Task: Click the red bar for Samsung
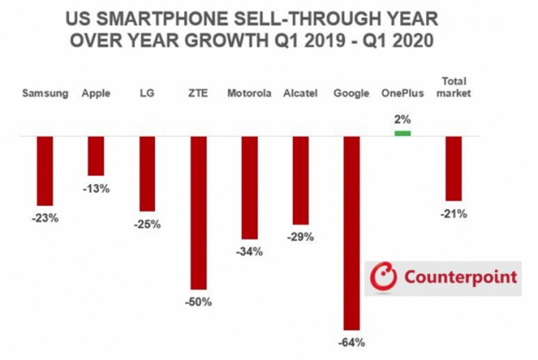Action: coord(45,170)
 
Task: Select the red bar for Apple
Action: coord(96,156)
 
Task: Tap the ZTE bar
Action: coord(198,213)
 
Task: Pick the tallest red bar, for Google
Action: coord(351,233)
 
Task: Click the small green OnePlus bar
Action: coord(402,133)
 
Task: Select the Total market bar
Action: coord(454,168)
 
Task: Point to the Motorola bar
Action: coord(250,187)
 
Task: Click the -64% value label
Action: coord(352,342)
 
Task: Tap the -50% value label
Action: coord(199,302)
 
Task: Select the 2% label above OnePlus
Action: coord(402,120)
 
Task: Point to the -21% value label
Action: coord(454,214)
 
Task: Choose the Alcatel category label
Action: coord(300,93)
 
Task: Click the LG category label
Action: coord(146,93)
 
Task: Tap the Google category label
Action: coord(351,93)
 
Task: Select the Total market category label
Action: coord(454,86)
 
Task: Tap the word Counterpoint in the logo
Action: coord(461,277)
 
